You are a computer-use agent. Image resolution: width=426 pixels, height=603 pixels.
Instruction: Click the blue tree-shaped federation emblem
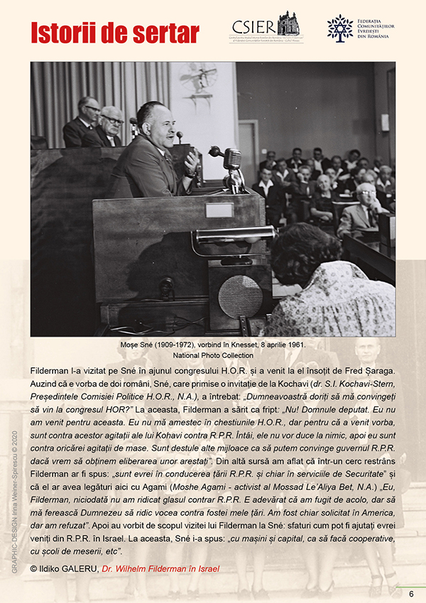(339, 28)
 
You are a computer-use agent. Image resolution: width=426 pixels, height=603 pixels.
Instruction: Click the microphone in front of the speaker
(231, 159)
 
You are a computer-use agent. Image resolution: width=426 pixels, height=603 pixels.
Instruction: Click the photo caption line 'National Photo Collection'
(212, 355)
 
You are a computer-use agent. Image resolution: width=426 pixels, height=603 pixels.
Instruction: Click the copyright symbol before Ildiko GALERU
(35, 568)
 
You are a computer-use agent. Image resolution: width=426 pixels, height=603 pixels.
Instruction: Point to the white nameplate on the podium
(219, 210)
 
